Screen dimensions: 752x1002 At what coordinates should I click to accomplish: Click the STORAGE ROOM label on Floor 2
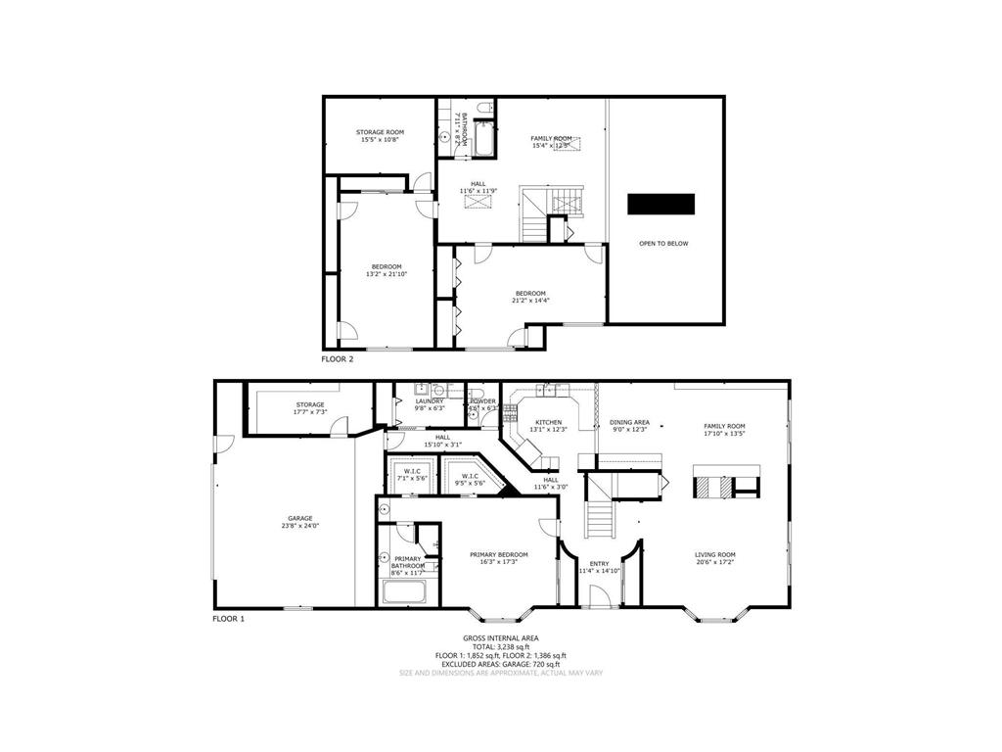pyautogui.click(x=381, y=132)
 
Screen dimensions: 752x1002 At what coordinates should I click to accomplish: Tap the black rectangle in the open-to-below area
pyautogui.click(x=661, y=204)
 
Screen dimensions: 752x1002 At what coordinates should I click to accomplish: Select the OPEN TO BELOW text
pyautogui.click(x=663, y=243)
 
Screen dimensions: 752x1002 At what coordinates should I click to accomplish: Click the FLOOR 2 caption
pyautogui.click(x=338, y=359)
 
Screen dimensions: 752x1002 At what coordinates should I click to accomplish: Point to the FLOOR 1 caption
pyautogui.click(x=229, y=619)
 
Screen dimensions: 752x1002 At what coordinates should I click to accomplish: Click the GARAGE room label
pyautogui.click(x=299, y=518)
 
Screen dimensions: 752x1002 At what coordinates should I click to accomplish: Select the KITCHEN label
pyautogui.click(x=548, y=422)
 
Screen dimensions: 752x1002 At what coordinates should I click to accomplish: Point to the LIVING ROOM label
pyautogui.click(x=715, y=554)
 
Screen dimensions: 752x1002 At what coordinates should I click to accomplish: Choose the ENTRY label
pyautogui.click(x=600, y=563)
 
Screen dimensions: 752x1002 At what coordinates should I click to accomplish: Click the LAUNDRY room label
pyautogui.click(x=430, y=400)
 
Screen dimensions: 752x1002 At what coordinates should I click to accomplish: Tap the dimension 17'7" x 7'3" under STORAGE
pyautogui.click(x=310, y=412)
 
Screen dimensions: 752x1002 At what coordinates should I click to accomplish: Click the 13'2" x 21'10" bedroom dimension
pyautogui.click(x=386, y=274)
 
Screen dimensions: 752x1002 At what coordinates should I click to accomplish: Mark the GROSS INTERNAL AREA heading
pyautogui.click(x=500, y=637)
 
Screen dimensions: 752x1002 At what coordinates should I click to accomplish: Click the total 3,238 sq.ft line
pyautogui.click(x=500, y=646)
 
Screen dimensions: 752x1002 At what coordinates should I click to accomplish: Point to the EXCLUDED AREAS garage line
pyautogui.click(x=500, y=664)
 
